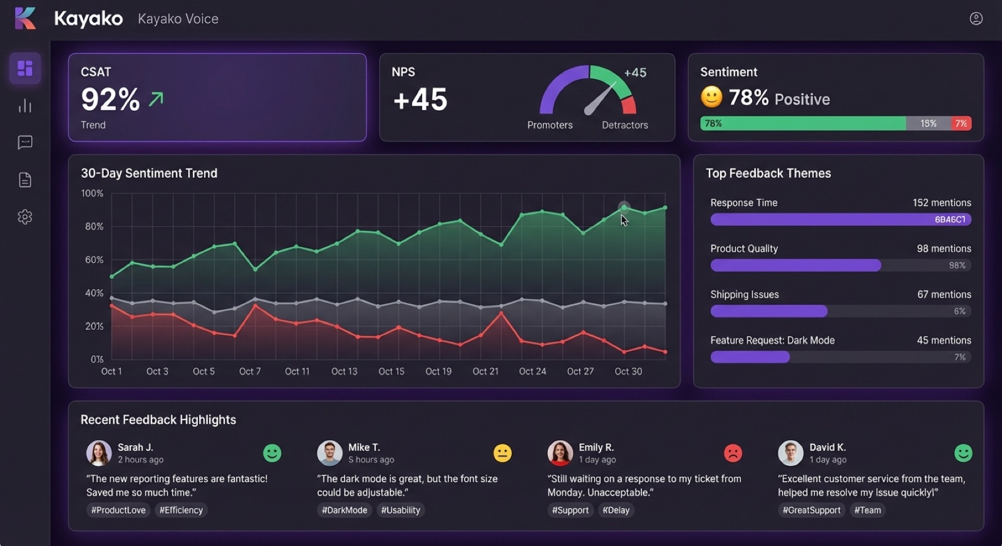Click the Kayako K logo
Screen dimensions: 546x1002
pos(25,18)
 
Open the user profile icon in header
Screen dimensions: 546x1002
pos(976,19)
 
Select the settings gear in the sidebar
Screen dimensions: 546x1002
pos(25,217)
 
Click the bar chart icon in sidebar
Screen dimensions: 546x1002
pos(25,106)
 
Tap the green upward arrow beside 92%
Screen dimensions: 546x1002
pos(156,99)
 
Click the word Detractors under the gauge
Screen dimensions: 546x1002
pos(624,125)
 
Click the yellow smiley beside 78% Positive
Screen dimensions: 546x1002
pos(711,97)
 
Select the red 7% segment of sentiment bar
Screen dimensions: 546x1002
pos(961,123)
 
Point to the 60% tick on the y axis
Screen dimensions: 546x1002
pos(94,260)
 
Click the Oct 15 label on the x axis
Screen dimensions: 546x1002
pos(391,371)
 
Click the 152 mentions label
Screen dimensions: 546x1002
pos(941,203)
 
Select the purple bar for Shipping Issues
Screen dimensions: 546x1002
pos(768,311)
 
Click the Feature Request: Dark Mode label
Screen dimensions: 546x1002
pos(772,341)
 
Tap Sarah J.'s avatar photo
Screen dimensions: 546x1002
pos(98,453)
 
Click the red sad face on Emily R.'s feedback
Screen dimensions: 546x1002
pos(733,453)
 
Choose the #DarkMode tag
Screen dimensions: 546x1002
pos(344,510)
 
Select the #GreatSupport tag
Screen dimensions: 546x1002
pos(811,510)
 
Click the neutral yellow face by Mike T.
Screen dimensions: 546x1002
pos(502,453)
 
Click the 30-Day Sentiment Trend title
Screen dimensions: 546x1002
pos(149,173)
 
